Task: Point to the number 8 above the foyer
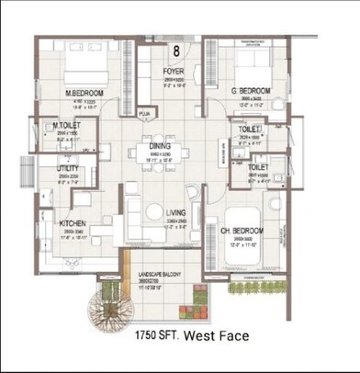[175, 51]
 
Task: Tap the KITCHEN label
[73, 223]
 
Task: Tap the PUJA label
[143, 115]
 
